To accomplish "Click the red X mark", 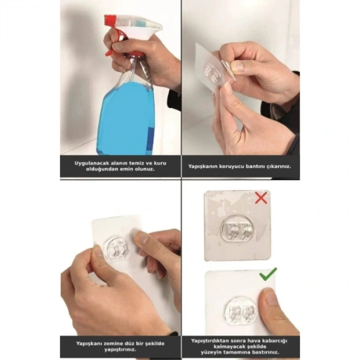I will tap(261, 197).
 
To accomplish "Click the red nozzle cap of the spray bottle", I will tap(110, 21).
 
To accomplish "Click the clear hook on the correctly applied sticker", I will tap(240, 312).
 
